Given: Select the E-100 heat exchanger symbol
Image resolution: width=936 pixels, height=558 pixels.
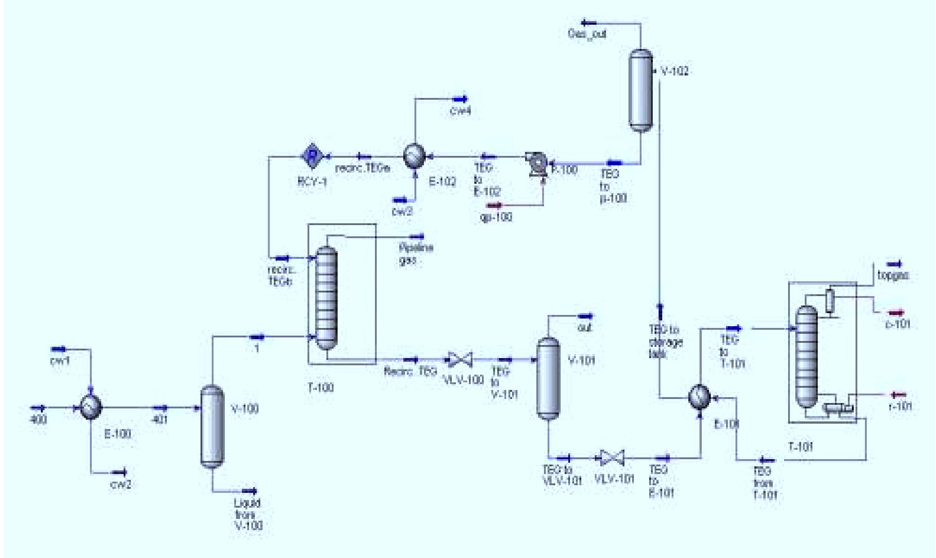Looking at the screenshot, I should coord(90,408).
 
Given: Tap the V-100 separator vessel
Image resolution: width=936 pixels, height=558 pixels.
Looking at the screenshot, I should coord(211,426).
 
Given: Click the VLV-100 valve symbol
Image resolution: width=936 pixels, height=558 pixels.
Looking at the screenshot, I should coord(459,359).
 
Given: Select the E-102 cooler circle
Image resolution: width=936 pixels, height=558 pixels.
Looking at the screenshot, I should coord(414,156).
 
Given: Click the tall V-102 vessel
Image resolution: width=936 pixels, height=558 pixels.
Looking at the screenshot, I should coord(640,90).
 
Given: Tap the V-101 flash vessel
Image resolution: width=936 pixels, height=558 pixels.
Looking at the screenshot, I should coord(548,378).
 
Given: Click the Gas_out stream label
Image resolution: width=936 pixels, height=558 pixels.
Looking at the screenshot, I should coord(587,34).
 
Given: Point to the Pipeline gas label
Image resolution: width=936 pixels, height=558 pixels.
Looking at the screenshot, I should coord(415,254).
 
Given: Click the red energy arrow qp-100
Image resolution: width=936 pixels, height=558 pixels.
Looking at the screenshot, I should coord(495,206).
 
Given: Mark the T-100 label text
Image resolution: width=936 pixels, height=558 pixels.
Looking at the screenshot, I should coord(321,387).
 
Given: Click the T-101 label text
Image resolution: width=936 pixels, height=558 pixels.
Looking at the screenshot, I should coord(801,447).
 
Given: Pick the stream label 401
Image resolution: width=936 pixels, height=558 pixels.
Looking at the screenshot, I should coord(160,420).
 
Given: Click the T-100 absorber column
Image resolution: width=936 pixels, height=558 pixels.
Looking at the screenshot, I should coord(326,297).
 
